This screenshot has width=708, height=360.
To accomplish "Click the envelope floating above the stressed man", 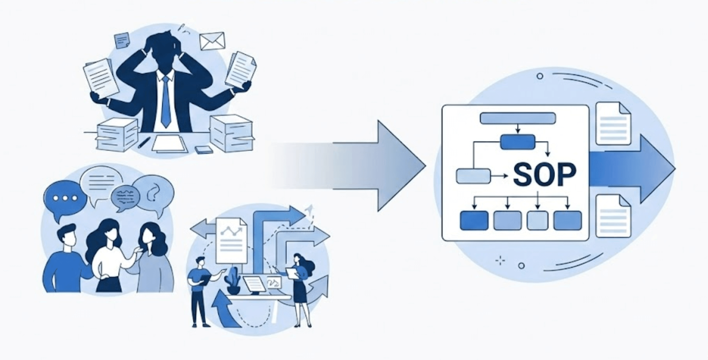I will click(212, 41).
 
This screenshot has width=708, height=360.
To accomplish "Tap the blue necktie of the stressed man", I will click(166, 102).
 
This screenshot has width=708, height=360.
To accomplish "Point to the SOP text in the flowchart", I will click(544, 175).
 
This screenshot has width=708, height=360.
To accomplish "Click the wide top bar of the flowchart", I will click(518, 118).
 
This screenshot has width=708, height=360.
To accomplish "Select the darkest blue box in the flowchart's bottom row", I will click(474, 221).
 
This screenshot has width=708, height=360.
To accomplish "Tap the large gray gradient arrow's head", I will click(399, 166).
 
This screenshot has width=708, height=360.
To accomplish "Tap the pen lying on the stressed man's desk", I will click(144, 142).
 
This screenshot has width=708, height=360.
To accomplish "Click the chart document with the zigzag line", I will click(232, 240).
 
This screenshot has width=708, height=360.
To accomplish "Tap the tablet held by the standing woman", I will click(291, 273).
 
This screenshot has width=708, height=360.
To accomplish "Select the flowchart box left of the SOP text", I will click(473, 176).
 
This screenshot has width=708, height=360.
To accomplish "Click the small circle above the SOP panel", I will click(540, 76).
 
